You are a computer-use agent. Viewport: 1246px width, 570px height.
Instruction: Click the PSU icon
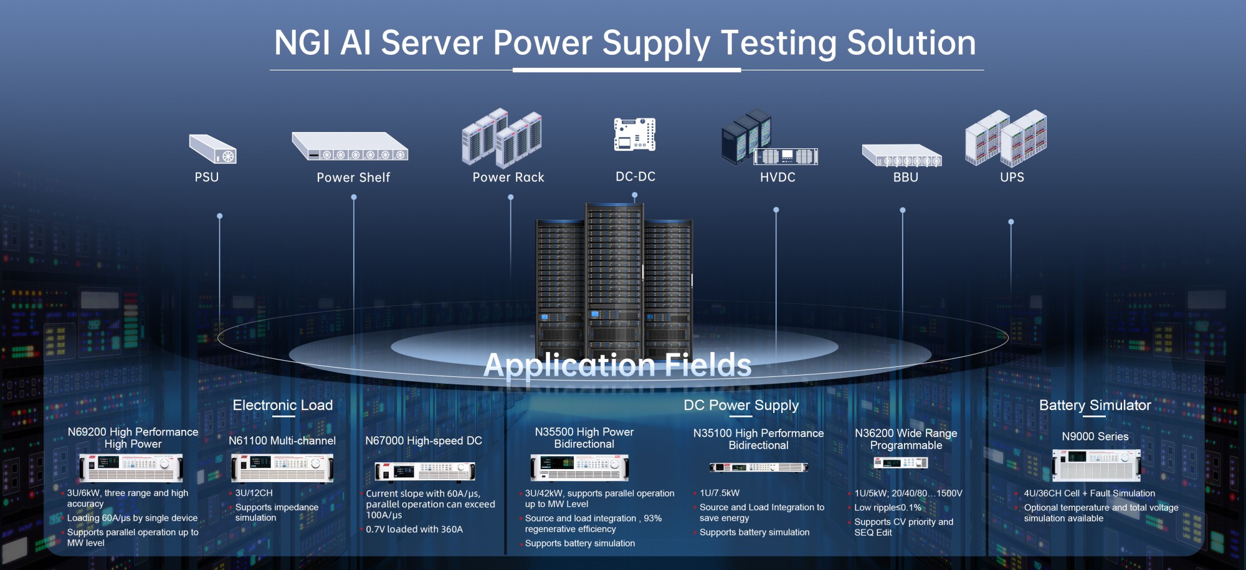coord(213,150)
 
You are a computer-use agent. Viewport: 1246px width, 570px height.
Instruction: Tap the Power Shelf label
coord(353,178)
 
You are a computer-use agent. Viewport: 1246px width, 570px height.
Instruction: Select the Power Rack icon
coord(502,138)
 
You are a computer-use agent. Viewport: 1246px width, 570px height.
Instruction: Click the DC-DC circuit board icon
coord(634,134)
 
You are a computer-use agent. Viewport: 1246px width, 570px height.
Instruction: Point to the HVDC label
coord(778,178)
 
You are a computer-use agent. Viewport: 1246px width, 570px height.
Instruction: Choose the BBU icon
coord(901,156)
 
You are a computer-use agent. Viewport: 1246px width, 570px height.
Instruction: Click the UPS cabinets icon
coord(1006,138)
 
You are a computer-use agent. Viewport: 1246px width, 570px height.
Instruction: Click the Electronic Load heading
coord(283,406)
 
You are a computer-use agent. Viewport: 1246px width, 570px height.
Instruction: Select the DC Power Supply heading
coord(741,406)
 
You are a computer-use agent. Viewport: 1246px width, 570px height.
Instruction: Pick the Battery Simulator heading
coord(1095,406)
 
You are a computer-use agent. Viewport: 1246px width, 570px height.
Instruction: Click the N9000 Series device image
coord(1096,465)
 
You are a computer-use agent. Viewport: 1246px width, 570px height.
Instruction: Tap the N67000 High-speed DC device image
coord(425,471)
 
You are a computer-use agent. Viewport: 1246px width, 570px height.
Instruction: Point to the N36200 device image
coord(900,463)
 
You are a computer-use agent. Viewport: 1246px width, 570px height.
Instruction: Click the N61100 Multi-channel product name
coord(282,441)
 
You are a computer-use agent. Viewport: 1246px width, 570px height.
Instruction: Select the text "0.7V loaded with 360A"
coord(414,530)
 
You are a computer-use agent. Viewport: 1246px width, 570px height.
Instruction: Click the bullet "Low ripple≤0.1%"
coord(887,508)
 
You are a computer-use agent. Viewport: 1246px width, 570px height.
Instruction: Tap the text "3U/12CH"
coord(254,493)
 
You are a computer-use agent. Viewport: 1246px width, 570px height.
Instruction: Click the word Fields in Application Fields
coord(708,365)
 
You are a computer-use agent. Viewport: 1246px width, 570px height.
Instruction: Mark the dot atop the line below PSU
coord(219,216)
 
